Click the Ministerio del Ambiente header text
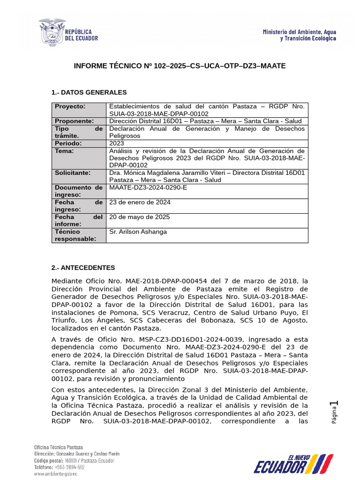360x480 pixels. click(299, 35)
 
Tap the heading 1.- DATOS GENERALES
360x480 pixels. click(89, 92)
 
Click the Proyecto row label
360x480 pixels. click(70, 106)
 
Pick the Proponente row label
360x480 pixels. click(74, 121)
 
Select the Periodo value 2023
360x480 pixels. click(117, 143)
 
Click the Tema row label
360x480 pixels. click(64, 151)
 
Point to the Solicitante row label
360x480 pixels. click(74, 173)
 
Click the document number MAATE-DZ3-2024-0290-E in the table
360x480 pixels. click(148, 188)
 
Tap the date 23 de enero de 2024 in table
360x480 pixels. click(140, 202)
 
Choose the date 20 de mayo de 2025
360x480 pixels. click(139, 217)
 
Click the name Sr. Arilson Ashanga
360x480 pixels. click(138, 232)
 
